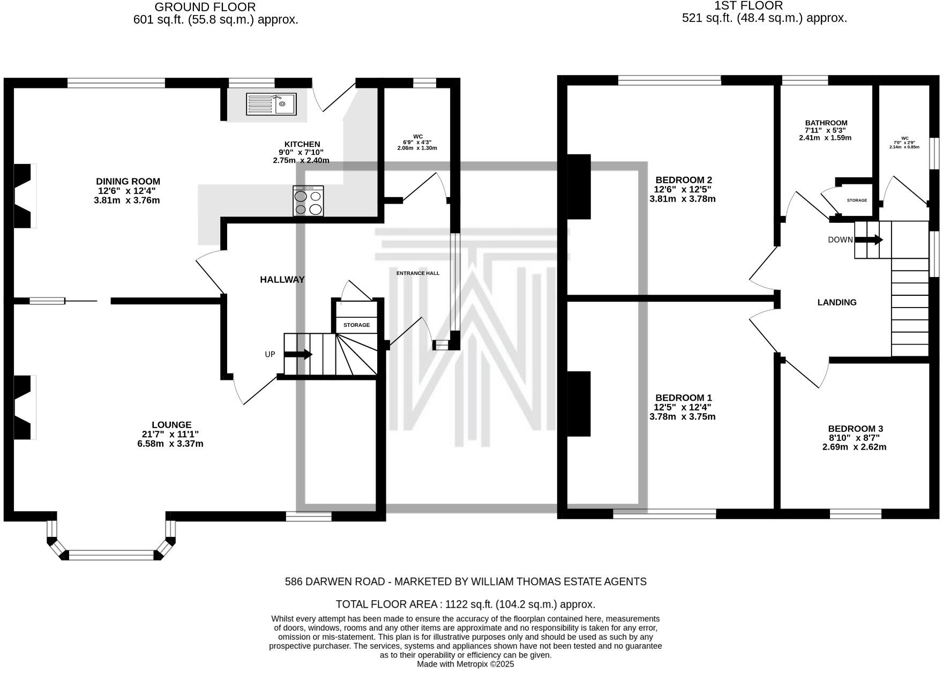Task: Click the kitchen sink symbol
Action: [x=271, y=104]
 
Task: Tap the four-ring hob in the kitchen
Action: [x=308, y=201]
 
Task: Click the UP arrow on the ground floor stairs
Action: [x=298, y=354]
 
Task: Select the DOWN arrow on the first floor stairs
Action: [x=869, y=240]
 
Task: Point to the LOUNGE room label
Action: [x=171, y=425]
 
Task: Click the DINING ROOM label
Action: [x=128, y=182]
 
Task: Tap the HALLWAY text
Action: [x=282, y=280]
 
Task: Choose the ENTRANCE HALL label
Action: [x=418, y=273]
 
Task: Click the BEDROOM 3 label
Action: [x=855, y=429]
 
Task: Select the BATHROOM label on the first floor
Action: [x=826, y=123]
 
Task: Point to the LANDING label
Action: [x=837, y=303]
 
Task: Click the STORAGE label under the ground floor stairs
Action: [x=356, y=325]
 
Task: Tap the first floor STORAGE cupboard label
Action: [x=857, y=200]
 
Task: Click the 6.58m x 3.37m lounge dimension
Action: [x=170, y=444]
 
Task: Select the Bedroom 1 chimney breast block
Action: [x=579, y=403]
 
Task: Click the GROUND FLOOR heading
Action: [x=205, y=8]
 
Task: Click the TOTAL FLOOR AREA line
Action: [x=465, y=604]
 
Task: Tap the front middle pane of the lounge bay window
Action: [x=112, y=555]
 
